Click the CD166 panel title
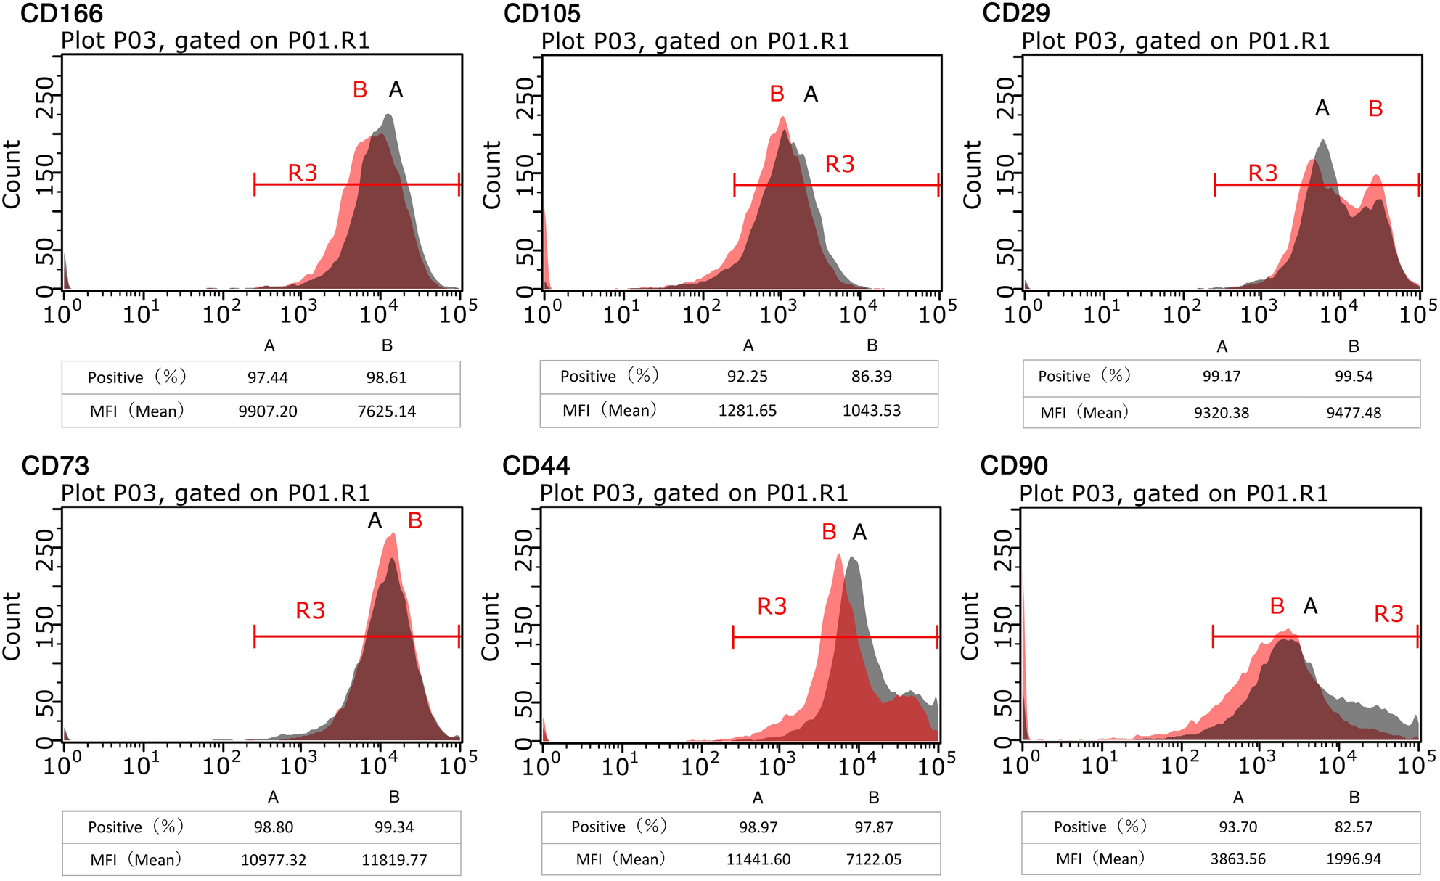point(62,13)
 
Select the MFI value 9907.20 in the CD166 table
point(268,411)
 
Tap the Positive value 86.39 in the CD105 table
point(871,377)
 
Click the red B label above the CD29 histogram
point(1375,109)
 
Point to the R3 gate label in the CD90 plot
point(1388,615)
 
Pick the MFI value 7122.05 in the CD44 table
point(874,860)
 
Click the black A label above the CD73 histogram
point(375,521)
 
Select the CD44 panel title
point(536,466)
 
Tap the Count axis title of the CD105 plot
point(492,175)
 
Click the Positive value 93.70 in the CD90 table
point(1238,827)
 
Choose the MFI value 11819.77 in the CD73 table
point(394,861)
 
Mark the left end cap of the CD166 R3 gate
point(255,184)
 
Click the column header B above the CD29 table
point(1354,347)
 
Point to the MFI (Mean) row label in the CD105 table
point(609,411)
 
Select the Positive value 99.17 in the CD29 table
point(1222,377)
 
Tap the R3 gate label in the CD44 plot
point(772,607)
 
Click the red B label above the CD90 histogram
point(1277,606)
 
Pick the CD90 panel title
point(1014,466)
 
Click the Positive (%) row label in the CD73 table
point(136,827)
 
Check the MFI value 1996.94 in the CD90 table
point(1354,859)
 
